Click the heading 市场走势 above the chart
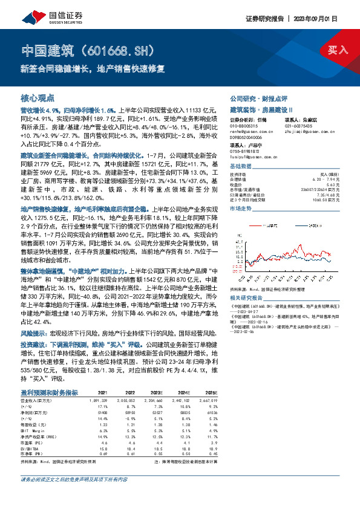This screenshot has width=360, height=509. click(240, 207)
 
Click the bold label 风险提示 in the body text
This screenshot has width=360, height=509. click(33, 333)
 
